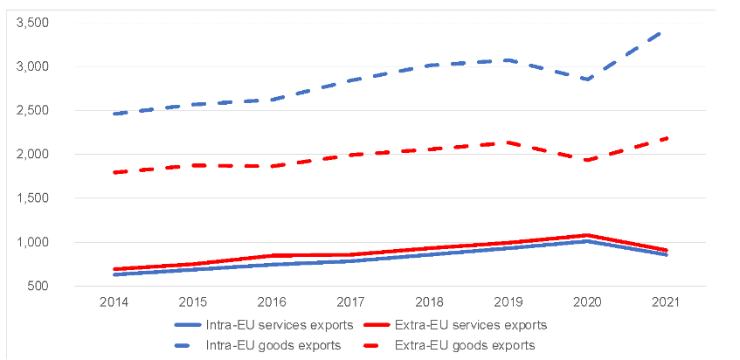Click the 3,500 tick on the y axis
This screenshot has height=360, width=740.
(x=32, y=23)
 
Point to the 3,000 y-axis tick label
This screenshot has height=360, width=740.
(x=32, y=66)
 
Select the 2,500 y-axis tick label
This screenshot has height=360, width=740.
(x=32, y=110)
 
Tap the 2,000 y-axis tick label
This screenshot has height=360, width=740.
(x=32, y=155)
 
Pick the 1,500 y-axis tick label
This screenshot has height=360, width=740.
(x=32, y=198)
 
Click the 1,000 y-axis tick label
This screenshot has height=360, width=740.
(x=32, y=242)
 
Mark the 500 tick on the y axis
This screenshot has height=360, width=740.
(x=39, y=286)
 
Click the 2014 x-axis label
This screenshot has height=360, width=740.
(x=115, y=302)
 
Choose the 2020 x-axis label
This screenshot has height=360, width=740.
(x=585, y=302)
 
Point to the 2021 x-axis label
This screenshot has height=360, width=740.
(x=664, y=302)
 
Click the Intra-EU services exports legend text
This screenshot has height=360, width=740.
(x=280, y=325)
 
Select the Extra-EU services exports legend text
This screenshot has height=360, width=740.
(x=473, y=325)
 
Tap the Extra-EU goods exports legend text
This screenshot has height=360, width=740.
(x=464, y=345)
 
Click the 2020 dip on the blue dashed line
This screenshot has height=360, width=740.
(x=585, y=80)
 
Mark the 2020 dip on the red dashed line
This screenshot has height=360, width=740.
(x=585, y=160)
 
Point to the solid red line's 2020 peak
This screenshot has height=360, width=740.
(x=585, y=235)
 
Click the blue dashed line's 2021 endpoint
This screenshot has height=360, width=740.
(x=664, y=32)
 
